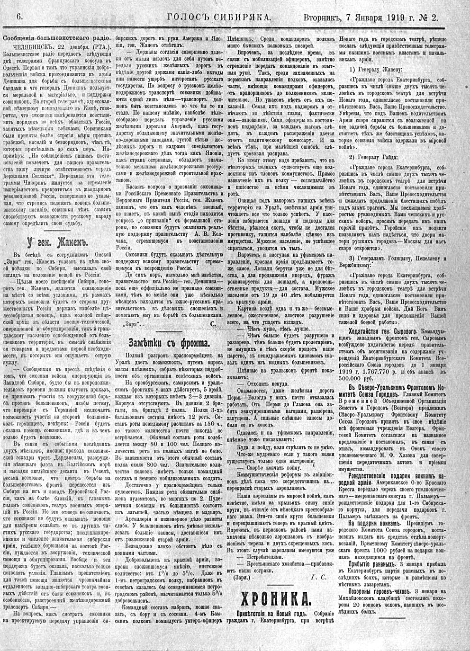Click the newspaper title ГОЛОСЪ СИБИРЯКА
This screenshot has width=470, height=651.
point(219,17)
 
